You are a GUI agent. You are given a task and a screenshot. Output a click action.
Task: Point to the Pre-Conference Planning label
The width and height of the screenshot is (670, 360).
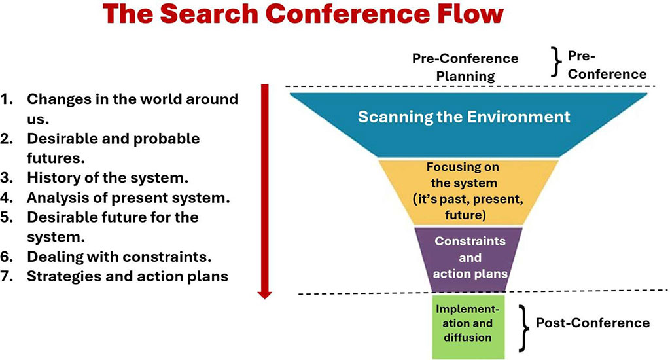pos(465,67)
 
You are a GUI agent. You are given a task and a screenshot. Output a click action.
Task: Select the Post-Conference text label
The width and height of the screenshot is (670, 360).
pos(592,323)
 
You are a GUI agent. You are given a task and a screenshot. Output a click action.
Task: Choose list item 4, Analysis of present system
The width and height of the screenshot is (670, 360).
pos(128,196)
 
